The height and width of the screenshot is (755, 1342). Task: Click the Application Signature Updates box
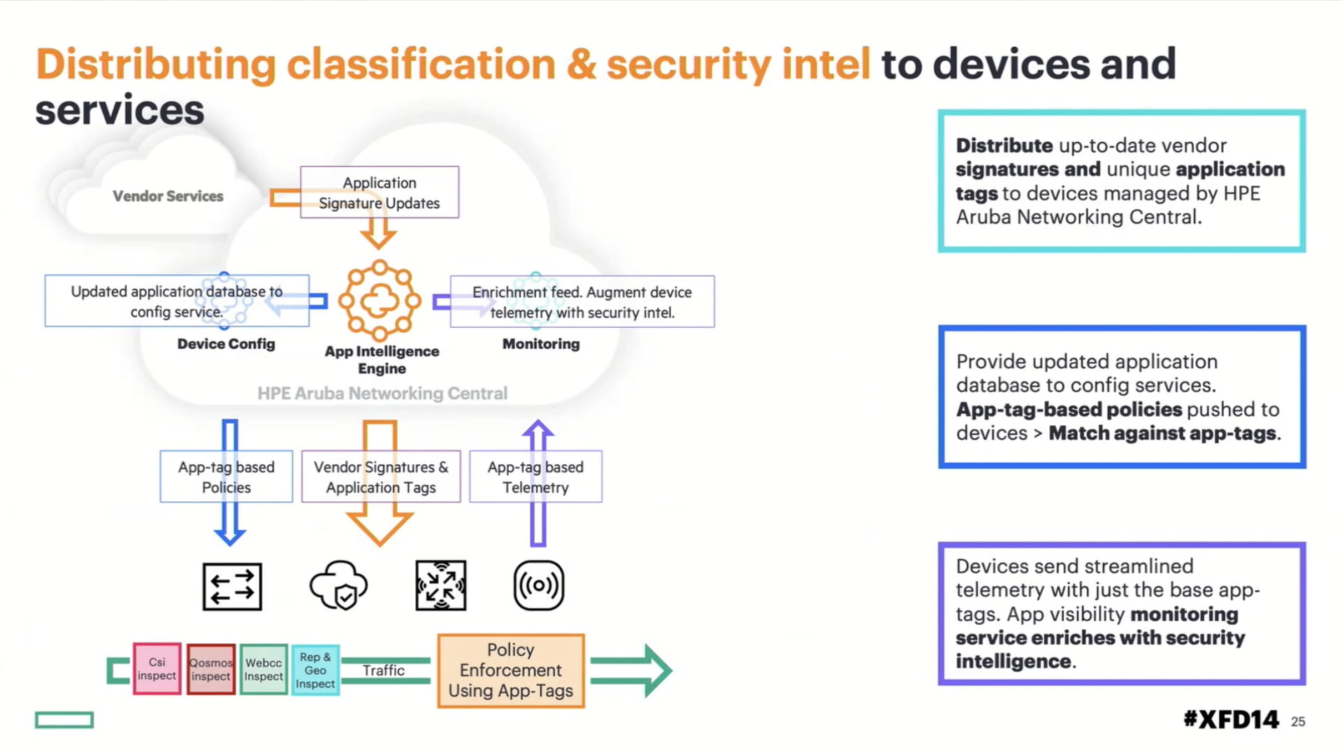380,192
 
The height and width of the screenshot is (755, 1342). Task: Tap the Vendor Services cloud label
168,196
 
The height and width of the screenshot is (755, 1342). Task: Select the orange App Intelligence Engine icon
380,301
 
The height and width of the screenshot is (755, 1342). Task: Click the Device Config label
226,344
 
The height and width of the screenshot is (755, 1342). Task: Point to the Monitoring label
541,344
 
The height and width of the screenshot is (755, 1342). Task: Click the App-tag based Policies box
226,477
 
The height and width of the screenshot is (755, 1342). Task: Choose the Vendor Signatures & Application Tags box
381,477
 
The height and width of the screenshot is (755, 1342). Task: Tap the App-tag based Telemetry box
535,477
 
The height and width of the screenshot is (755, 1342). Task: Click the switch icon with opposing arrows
232,587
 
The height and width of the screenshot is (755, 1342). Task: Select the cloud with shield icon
339,586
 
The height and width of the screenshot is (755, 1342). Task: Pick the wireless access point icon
538,586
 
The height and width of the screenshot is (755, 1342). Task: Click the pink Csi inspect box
157,669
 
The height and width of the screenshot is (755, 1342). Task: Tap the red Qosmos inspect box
210,670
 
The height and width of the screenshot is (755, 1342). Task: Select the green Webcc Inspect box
264,670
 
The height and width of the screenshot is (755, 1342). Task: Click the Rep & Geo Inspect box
315,670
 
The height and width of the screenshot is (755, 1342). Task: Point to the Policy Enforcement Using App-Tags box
511,670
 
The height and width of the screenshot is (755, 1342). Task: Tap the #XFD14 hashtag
1231,719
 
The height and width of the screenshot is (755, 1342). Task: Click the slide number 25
1298,721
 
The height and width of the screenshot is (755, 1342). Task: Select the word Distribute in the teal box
1004,145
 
